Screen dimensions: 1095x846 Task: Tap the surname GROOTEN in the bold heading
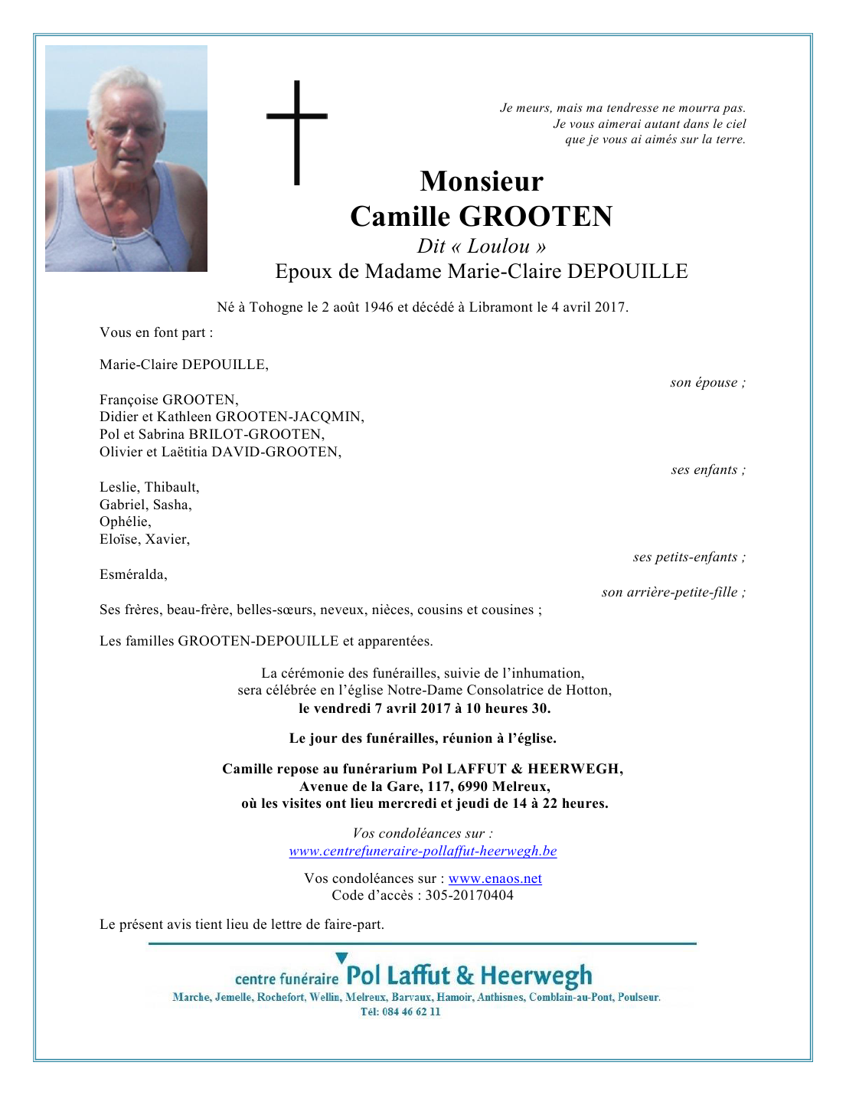(x=535, y=217)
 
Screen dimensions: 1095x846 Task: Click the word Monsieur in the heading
(x=482, y=181)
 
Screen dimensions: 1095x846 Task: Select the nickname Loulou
(x=498, y=246)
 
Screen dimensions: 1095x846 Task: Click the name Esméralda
(x=133, y=574)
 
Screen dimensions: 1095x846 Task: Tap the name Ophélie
(x=125, y=521)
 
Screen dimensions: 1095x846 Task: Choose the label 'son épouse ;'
(x=707, y=383)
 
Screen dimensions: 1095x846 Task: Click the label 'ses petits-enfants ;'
(x=689, y=557)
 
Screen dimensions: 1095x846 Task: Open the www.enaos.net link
(x=495, y=878)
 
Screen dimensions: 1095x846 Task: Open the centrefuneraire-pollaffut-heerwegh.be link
(x=423, y=851)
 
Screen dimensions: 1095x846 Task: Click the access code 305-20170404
(x=469, y=895)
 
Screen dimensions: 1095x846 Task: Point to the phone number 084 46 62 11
(x=411, y=1012)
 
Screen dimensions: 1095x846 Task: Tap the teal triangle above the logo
(x=341, y=958)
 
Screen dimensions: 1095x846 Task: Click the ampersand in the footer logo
(x=465, y=976)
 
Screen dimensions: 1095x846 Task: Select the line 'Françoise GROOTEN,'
(x=169, y=400)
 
